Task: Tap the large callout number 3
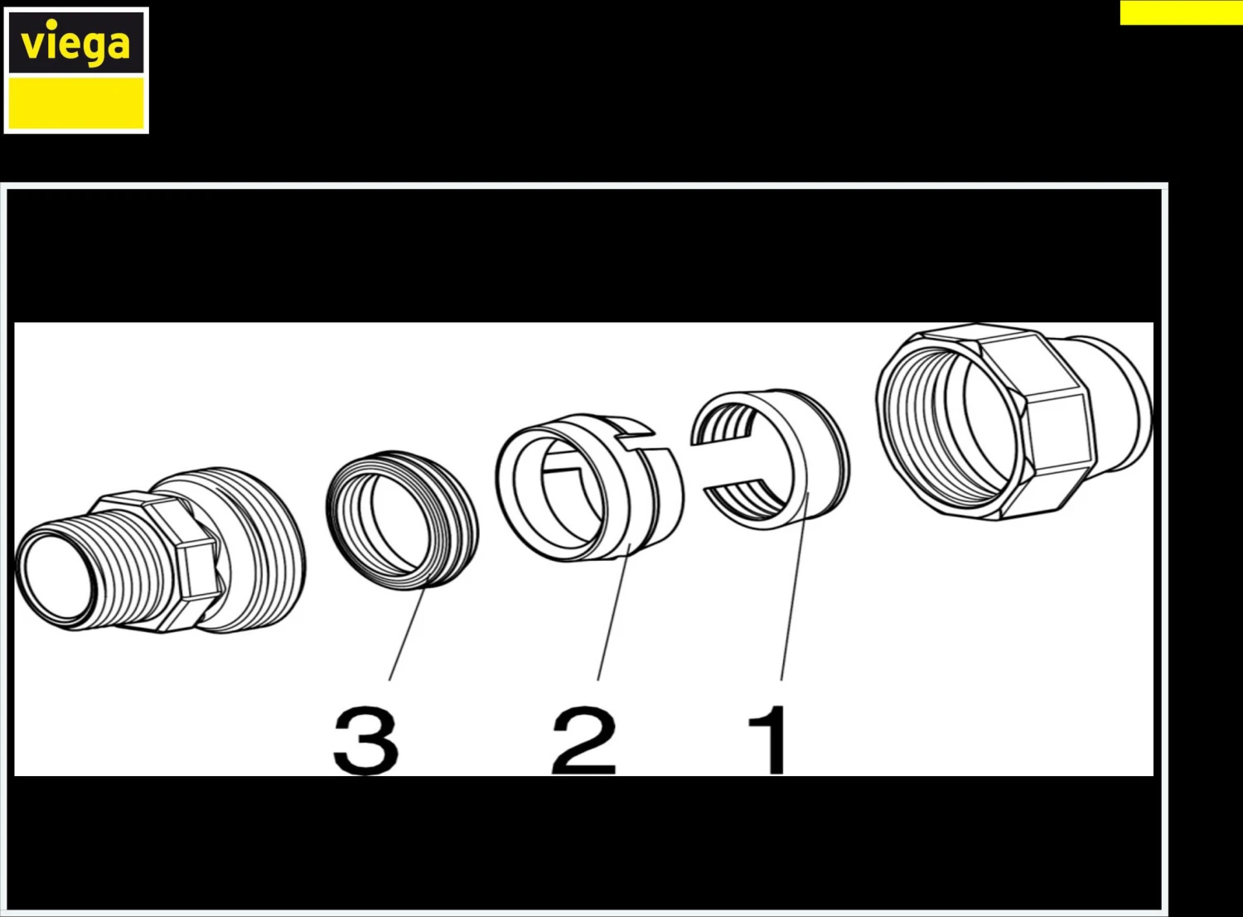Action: [366, 740]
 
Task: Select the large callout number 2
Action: [584, 740]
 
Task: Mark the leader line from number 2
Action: [614, 612]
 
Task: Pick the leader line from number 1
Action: [796, 586]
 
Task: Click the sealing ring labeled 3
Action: [402, 520]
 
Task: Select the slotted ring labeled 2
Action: [589, 487]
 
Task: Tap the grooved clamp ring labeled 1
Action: [770, 460]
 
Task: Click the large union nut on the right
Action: [1014, 422]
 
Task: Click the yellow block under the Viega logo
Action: [76, 103]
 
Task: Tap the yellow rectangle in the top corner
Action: [1182, 12]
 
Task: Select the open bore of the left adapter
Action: [57, 577]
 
